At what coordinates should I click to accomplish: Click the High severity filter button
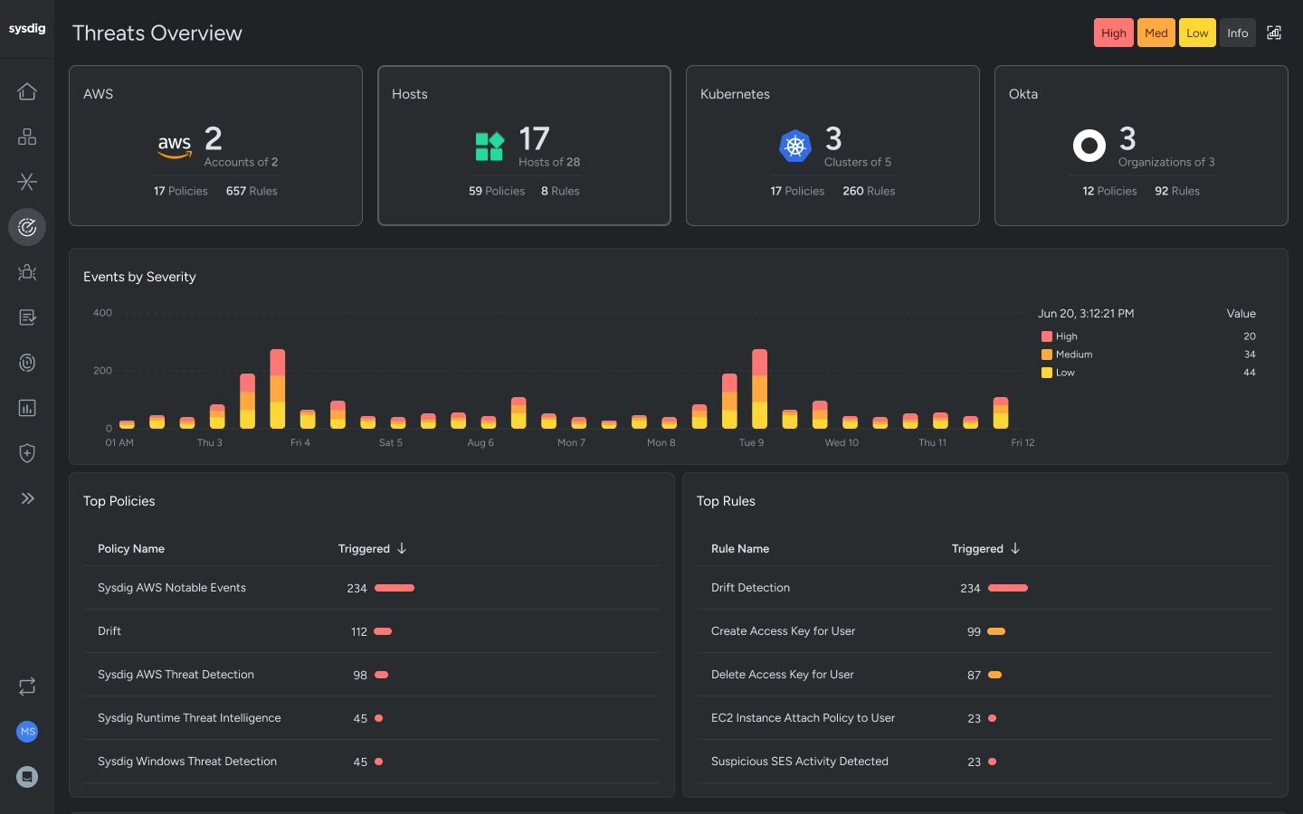pos(1113,33)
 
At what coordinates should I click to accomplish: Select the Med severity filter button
pos(1156,33)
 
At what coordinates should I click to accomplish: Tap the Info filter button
pos(1237,33)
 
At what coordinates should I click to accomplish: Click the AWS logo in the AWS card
pos(175,146)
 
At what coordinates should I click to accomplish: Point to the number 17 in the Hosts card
pos(534,139)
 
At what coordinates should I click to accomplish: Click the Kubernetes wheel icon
pos(795,146)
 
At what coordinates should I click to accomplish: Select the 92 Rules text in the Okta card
pos(1176,191)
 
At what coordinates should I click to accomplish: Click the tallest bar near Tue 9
pos(759,389)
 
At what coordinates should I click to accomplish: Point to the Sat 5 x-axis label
pos(391,443)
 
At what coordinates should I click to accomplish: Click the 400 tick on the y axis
pos(103,313)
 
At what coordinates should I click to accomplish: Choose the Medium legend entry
pos(1073,355)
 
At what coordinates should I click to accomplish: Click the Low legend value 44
pos(1249,373)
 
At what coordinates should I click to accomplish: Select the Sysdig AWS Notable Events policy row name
pos(172,588)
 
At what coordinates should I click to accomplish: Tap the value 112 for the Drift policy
pos(359,632)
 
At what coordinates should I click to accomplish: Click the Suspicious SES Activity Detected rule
pos(799,762)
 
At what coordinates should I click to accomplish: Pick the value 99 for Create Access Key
pos(974,632)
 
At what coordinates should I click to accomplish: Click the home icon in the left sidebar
pos(27,91)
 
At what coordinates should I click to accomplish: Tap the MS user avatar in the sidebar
pos(27,732)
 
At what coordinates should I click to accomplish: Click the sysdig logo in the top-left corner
pos(27,29)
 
